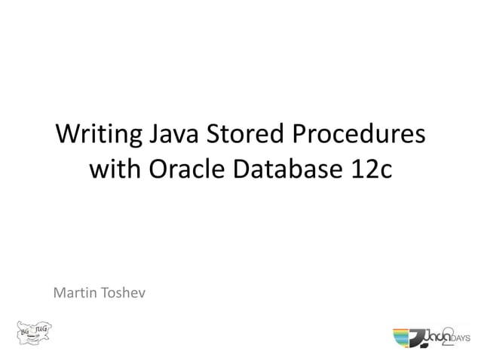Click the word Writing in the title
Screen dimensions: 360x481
pos(97,137)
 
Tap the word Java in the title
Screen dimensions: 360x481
pos(176,137)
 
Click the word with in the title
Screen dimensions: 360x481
pos(114,170)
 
